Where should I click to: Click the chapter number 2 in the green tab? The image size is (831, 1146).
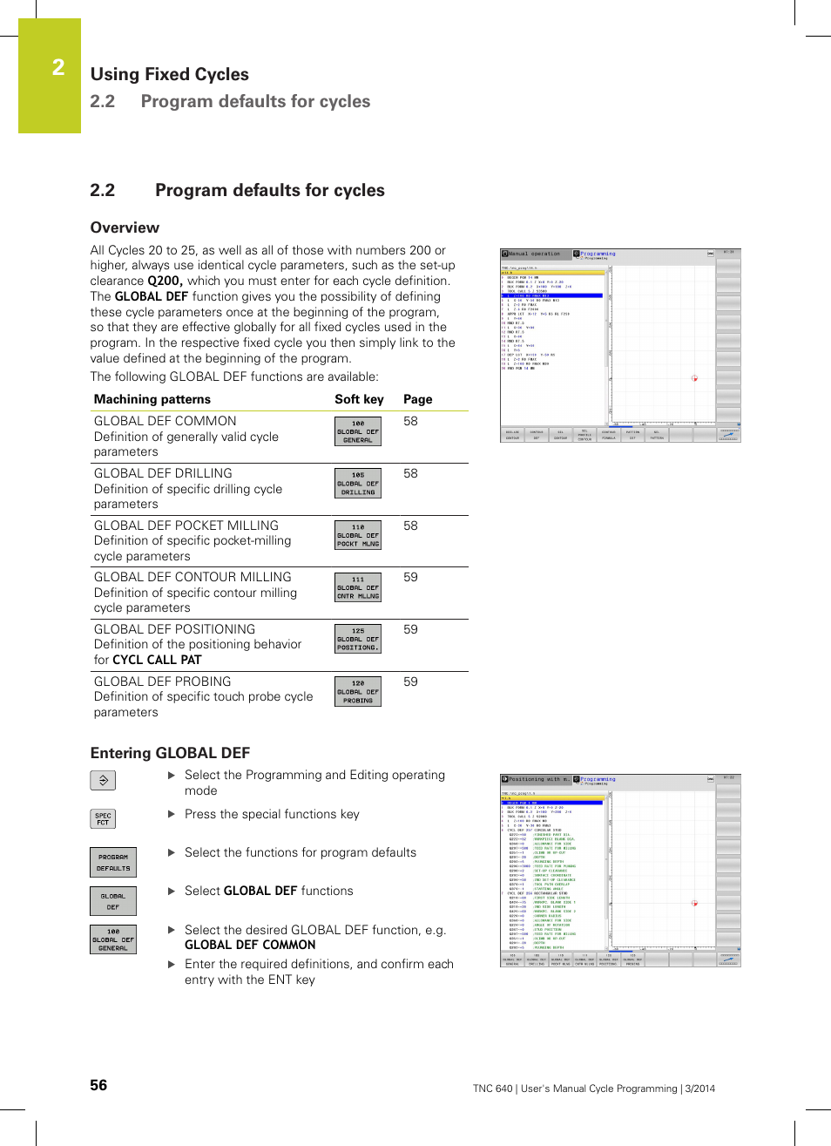(58, 67)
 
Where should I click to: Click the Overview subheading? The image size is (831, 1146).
(125, 227)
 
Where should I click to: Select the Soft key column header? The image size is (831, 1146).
(359, 399)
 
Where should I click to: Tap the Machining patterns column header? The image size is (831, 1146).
(152, 399)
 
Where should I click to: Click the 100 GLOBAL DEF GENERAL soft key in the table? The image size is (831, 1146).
(358, 431)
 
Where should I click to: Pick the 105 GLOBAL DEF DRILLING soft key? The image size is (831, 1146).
(358, 484)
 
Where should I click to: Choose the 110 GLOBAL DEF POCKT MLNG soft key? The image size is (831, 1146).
(358, 535)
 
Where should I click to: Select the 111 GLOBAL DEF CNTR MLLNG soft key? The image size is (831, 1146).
(358, 587)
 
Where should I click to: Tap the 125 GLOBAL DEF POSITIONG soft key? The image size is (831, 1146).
(358, 639)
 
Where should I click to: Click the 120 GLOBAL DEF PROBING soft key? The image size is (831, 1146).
(358, 691)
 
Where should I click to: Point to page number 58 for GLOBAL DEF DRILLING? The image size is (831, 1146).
(410, 473)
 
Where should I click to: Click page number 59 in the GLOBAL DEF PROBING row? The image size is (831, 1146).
(410, 681)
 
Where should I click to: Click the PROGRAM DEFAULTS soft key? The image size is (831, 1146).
(113, 863)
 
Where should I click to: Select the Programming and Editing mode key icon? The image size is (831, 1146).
(103, 781)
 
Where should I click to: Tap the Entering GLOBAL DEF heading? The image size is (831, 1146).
(170, 753)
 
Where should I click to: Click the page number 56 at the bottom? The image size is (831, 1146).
(98, 1085)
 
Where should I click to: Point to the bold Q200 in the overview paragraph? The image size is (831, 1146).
(165, 281)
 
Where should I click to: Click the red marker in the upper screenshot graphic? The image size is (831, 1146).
(694, 378)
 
